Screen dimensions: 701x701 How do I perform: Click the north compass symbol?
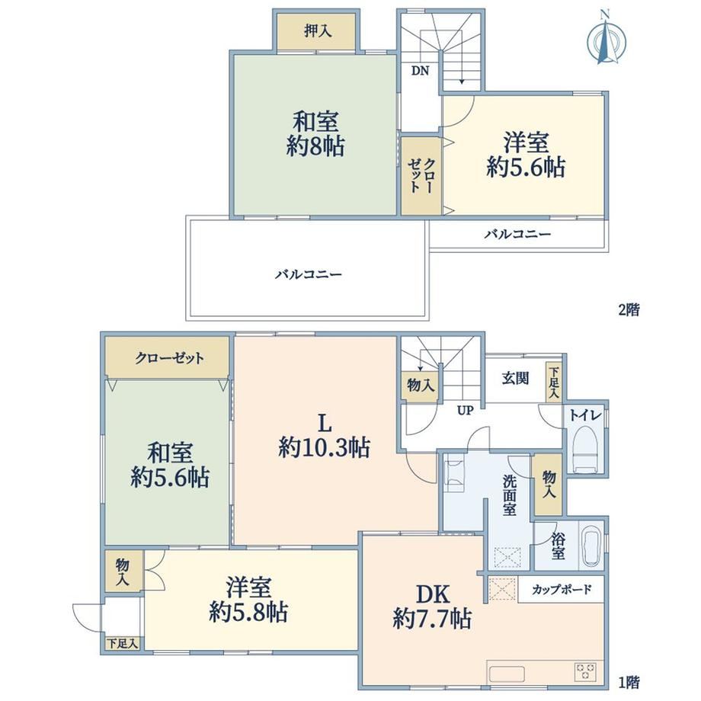click(x=606, y=40)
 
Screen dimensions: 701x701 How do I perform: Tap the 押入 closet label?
click(x=318, y=30)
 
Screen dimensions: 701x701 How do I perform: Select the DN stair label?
click(x=420, y=71)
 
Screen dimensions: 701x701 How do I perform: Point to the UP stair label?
click(x=465, y=411)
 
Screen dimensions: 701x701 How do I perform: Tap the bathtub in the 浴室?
click(x=592, y=545)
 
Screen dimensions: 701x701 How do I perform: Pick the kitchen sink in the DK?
click(x=507, y=674)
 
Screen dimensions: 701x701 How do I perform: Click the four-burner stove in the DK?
click(x=586, y=672)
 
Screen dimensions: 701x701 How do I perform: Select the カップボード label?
click(x=562, y=589)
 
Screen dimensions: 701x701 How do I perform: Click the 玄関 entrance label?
click(x=515, y=378)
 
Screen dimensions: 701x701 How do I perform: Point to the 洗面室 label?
click(x=510, y=495)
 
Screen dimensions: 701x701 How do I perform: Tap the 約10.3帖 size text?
click(x=325, y=447)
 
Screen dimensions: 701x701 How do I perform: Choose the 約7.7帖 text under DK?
click(x=432, y=619)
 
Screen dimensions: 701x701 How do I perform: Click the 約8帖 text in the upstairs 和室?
click(x=315, y=146)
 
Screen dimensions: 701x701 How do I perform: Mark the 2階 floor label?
click(x=629, y=309)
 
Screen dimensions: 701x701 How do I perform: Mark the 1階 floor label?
click(x=629, y=682)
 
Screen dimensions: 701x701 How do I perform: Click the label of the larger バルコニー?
click(x=309, y=274)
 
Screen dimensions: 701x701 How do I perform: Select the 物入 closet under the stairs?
click(x=421, y=386)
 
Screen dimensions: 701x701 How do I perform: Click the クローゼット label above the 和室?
click(x=170, y=358)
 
